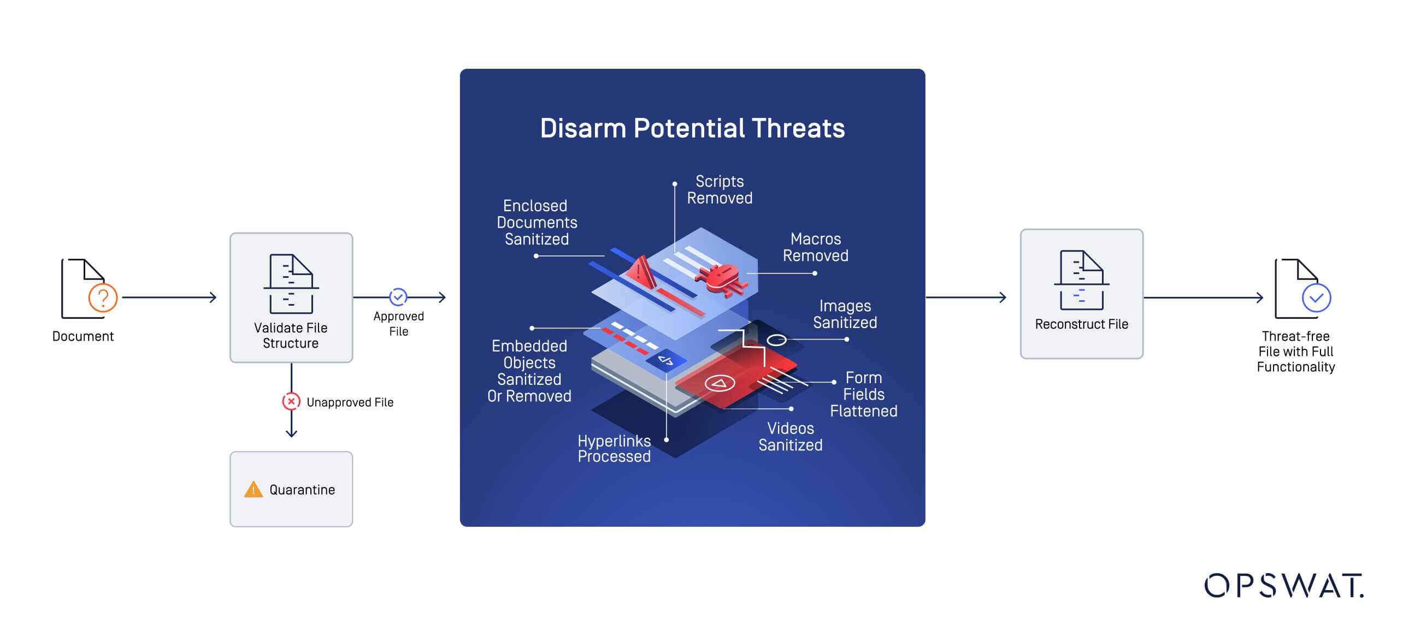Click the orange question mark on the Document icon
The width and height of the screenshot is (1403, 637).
tap(103, 298)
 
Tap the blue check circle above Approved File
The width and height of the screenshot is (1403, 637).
tap(398, 297)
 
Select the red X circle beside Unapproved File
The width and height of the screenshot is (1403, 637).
tap(291, 402)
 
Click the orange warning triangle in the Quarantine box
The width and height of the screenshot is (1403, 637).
tap(254, 490)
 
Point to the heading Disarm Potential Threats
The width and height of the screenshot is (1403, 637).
tap(692, 129)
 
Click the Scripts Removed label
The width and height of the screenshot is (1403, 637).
tap(720, 190)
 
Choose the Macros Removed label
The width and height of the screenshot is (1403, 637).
tap(815, 247)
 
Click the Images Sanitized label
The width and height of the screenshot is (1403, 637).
tap(845, 314)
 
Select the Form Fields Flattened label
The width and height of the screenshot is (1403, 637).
tap(863, 394)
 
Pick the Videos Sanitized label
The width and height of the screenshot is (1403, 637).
tap(790, 437)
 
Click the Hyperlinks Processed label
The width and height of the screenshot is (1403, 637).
tap(614, 449)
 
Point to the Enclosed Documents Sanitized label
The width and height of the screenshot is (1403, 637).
tap(537, 223)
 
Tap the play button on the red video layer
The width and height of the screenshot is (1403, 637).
tap(720, 383)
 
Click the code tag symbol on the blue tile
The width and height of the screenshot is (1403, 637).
tap(666, 360)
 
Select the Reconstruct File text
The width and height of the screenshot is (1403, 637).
tap(1081, 324)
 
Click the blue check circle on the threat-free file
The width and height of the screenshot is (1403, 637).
tap(1316, 298)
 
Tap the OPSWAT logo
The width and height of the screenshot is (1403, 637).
tap(1283, 586)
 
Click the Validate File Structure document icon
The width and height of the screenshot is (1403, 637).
tap(291, 284)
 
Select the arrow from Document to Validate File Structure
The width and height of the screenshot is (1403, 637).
tap(169, 297)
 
